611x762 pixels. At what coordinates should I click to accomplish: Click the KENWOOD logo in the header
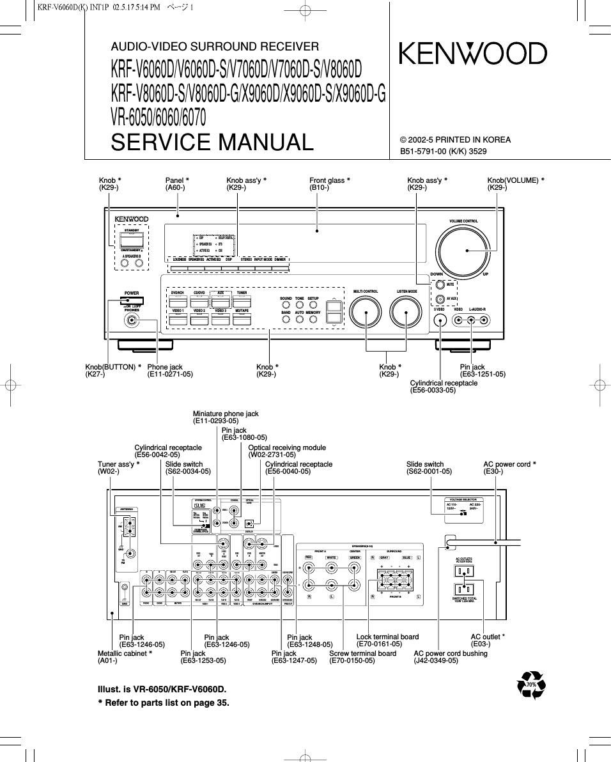pyautogui.click(x=473, y=54)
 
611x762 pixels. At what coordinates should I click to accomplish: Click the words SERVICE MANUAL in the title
pyautogui.click(x=212, y=142)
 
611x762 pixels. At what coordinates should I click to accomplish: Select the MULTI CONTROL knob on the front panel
pyautogui.click(x=366, y=313)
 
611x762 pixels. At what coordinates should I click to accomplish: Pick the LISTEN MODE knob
pyautogui.click(x=406, y=313)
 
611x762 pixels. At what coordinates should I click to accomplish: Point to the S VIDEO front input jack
pyautogui.click(x=439, y=321)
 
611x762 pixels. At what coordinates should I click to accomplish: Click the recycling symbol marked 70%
pyautogui.click(x=532, y=685)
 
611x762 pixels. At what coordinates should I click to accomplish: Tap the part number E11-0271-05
pyautogui.click(x=170, y=375)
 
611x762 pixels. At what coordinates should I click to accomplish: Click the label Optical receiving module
pyautogui.click(x=287, y=447)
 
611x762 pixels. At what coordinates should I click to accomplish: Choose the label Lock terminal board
pyautogui.click(x=387, y=637)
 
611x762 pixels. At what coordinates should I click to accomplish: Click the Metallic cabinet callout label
pyautogui.click(x=125, y=653)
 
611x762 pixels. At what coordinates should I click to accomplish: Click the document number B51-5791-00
pyautogui.click(x=425, y=152)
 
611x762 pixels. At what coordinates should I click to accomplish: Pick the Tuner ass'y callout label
pyautogui.click(x=118, y=464)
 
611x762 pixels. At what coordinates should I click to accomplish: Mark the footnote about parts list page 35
pyautogui.click(x=163, y=702)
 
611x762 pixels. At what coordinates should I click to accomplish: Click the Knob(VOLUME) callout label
pyautogui.click(x=515, y=180)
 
